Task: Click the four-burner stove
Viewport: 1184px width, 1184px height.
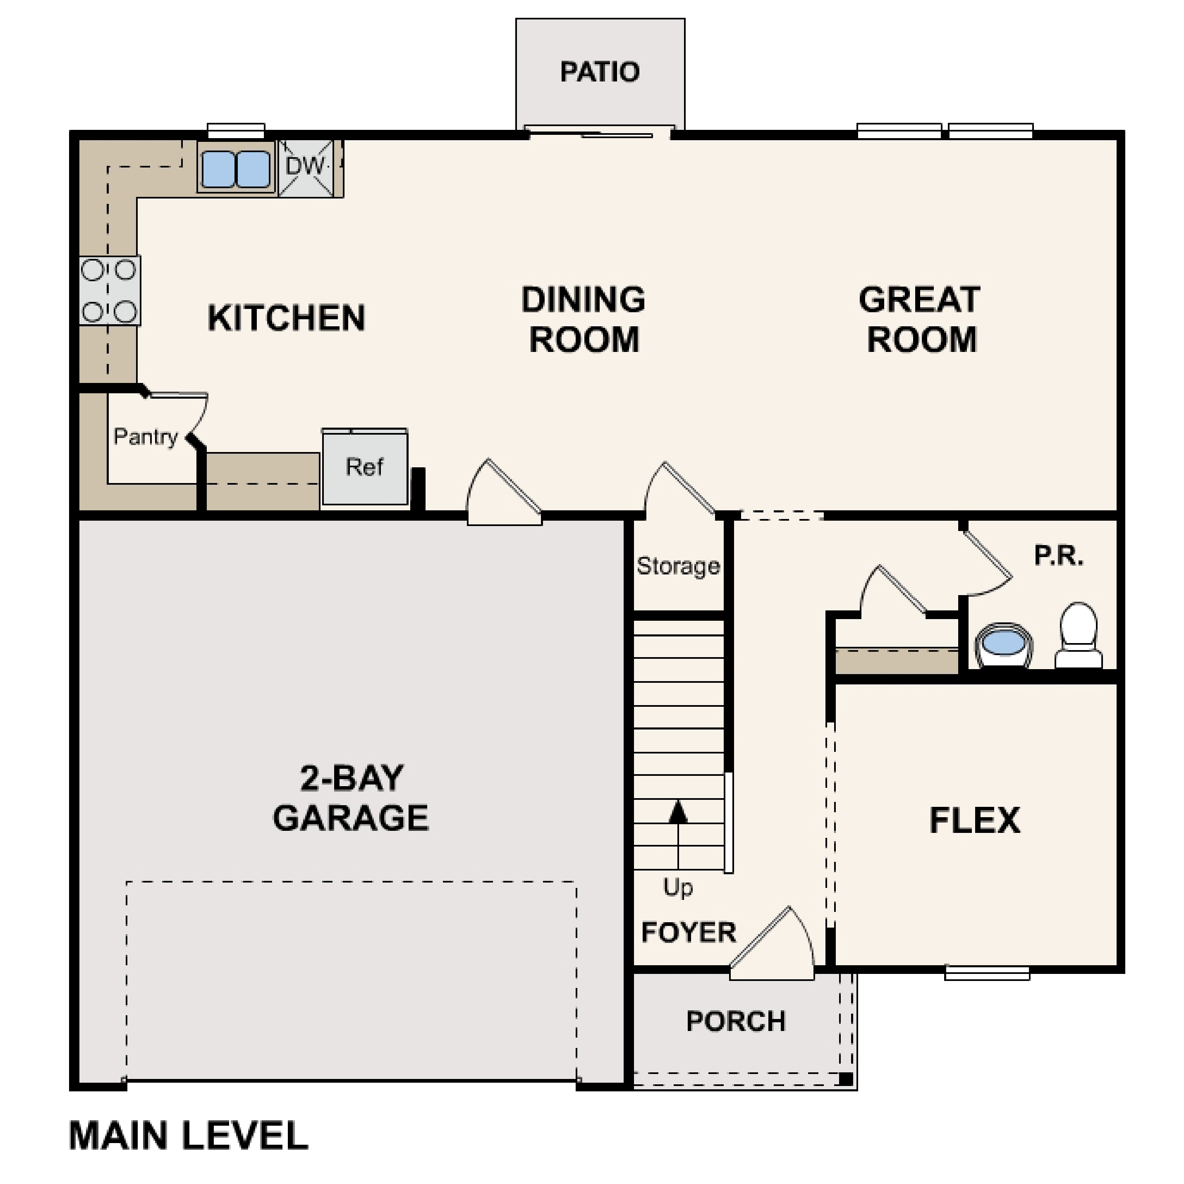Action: [109, 290]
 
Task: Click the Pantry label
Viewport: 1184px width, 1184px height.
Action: [146, 437]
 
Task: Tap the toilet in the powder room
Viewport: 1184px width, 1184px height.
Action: [1078, 636]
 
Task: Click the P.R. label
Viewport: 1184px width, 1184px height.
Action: [1058, 556]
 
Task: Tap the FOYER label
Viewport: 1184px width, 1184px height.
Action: [688, 932]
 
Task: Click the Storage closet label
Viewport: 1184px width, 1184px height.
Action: [678, 566]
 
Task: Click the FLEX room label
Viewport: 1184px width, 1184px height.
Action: [974, 820]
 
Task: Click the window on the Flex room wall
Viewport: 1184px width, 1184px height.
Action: [987, 973]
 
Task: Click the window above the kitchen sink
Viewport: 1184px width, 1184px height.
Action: [236, 131]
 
